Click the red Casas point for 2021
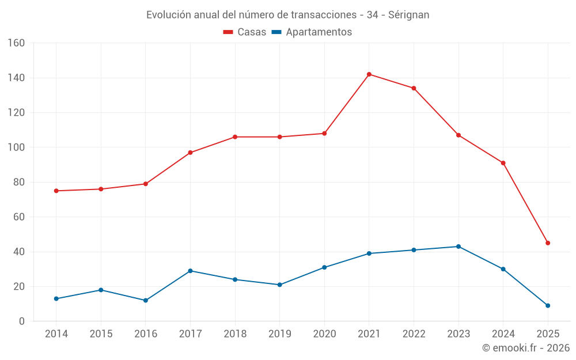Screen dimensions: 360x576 369,74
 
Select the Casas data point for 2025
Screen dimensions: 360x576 548,243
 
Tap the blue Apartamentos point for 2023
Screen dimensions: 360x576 458,247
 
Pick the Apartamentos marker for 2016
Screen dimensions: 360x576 146,301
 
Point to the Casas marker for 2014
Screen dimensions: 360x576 56,191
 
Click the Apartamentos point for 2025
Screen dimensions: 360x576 548,306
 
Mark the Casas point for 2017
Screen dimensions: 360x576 190,153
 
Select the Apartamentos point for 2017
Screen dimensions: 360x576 190,271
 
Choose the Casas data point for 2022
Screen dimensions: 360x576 414,88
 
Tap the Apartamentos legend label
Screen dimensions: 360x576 319,32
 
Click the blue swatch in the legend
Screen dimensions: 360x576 276,32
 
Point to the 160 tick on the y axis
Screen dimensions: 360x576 16,43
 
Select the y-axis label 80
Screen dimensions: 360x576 19,183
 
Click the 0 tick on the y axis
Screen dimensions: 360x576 22,321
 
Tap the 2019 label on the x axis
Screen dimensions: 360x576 279,334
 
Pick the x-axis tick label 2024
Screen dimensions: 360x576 503,334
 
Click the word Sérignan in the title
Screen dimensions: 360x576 408,15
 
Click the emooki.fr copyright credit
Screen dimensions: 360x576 526,348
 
